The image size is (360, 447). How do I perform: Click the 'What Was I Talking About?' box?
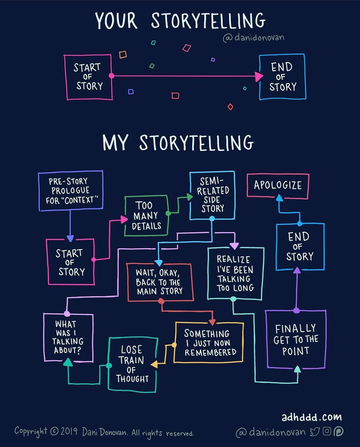44,337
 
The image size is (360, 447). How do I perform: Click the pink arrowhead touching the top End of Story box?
259,77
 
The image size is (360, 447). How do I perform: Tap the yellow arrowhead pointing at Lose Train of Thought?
154,364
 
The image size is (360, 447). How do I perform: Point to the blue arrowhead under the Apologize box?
279,198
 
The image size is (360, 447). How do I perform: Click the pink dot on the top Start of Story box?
111,76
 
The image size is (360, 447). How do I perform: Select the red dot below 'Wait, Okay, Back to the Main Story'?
161,301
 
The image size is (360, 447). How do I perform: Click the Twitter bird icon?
315,432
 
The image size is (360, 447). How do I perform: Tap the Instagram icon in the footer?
327,431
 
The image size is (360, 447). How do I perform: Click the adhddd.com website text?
312,417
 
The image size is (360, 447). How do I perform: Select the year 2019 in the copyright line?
69,431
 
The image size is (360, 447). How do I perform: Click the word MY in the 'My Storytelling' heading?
115,143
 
